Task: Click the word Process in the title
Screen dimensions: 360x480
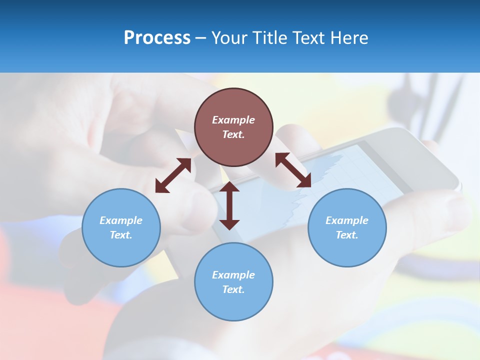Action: point(157,38)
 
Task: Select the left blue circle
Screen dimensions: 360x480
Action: point(121,227)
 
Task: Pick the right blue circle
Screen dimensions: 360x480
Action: point(347,227)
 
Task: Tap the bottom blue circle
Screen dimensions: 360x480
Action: point(233,281)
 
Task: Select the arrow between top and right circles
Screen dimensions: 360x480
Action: point(293,170)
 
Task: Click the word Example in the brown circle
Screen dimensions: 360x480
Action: point(233,120)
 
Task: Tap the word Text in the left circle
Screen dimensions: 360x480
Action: point(121,235)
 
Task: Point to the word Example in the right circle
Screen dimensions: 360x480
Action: point(347,220)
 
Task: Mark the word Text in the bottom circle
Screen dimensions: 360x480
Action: point(233,289)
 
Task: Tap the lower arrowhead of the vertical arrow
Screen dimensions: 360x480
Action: point(229,223)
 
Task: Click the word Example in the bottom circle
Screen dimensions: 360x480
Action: point(233,275)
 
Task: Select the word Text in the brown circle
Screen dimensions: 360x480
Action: point(233,134)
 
